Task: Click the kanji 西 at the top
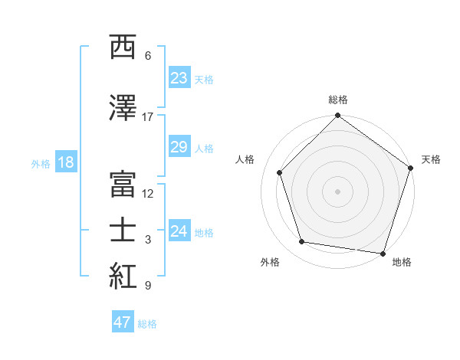[x=124, y=47]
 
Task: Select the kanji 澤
[x=124, y=108]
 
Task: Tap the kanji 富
[x=124, y=185]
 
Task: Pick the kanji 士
[x=124, y=231]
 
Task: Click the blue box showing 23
[x=179, y=78]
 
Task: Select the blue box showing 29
[x=179, y=147]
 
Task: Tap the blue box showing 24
[x=179, y=231]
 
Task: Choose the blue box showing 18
[x=65, y=162]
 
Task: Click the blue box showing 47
[x=123, y=322]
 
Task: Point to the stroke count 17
[x=148, y=117]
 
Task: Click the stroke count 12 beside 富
[x=148, y=194]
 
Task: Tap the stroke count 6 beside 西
[x=148, y=56]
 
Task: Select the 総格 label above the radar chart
[x=338, y=100]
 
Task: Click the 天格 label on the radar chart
[x=431, y=159]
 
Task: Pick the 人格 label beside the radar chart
[x=245, y=159]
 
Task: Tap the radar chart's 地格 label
[x=401, y=262]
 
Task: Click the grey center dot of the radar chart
[x=337, y=191]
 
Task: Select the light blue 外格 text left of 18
[x=40, y=163]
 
